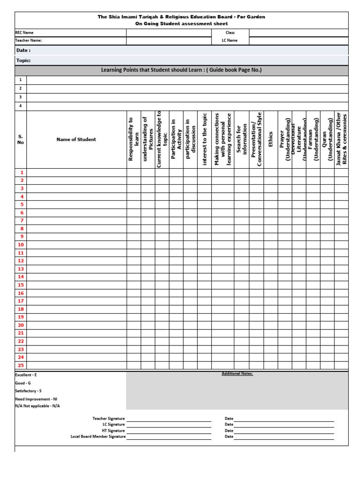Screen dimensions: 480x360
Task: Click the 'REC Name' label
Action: coord(24,33)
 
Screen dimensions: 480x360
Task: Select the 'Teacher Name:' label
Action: coord(29,40)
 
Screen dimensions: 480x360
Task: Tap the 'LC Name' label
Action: coord(230,40)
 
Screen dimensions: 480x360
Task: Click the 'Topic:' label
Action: coord(23,60)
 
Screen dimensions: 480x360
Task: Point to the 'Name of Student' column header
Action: coord(76,139)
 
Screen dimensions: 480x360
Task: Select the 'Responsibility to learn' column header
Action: coord(134,139)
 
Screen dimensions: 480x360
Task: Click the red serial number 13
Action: coord(21,269)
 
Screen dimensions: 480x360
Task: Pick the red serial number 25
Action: coord(21,365)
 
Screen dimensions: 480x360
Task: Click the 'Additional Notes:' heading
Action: coord(237,374)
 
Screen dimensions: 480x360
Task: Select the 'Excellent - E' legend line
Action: coord(26,375)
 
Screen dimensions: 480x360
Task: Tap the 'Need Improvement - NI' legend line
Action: coord(36,399)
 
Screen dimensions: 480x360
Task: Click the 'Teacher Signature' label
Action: coord(109,419)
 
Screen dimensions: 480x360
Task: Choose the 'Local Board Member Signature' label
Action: coord(98,436)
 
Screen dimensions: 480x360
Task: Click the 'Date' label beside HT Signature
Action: coord(229,430)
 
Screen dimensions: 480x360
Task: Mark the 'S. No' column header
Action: coord(21,139)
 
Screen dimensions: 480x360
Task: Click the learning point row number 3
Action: coord(21,97)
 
